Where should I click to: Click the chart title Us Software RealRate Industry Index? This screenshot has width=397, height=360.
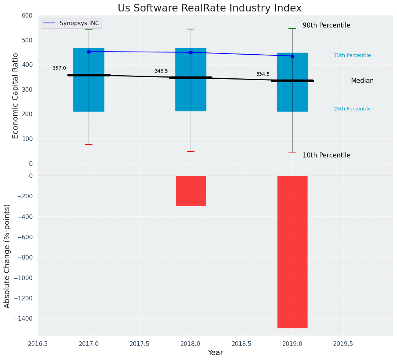tap(209, 8)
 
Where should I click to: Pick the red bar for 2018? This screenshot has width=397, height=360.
tap(191, 191)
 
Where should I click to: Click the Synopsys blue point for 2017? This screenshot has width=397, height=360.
tap(89, 52)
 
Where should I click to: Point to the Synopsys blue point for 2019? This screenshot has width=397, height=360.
tap(292, 56)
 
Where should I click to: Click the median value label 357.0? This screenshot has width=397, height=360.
tap(59, 68)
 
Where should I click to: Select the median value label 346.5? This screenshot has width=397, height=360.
tap(161, 71)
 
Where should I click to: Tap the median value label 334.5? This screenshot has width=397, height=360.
tap(263, 74)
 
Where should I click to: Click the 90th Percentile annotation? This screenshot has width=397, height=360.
tap(326, 25)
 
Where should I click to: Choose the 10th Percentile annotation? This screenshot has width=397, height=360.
tap(326, 155)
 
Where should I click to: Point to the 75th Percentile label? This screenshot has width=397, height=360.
tap(352, 55)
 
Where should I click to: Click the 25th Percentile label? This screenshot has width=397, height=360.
tap(352, 109)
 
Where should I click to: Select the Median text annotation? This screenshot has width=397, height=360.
tap(362, 81)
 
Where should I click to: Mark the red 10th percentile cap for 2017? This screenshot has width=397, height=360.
tap(89, 144)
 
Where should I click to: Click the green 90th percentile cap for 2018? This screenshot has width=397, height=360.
tap(191, 29)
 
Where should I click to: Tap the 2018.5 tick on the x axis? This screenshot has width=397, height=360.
tap(241, 344)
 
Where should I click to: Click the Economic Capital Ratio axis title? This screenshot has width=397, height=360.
tap(16, 96)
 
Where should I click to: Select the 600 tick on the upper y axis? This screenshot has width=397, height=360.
tap(27, 15)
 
